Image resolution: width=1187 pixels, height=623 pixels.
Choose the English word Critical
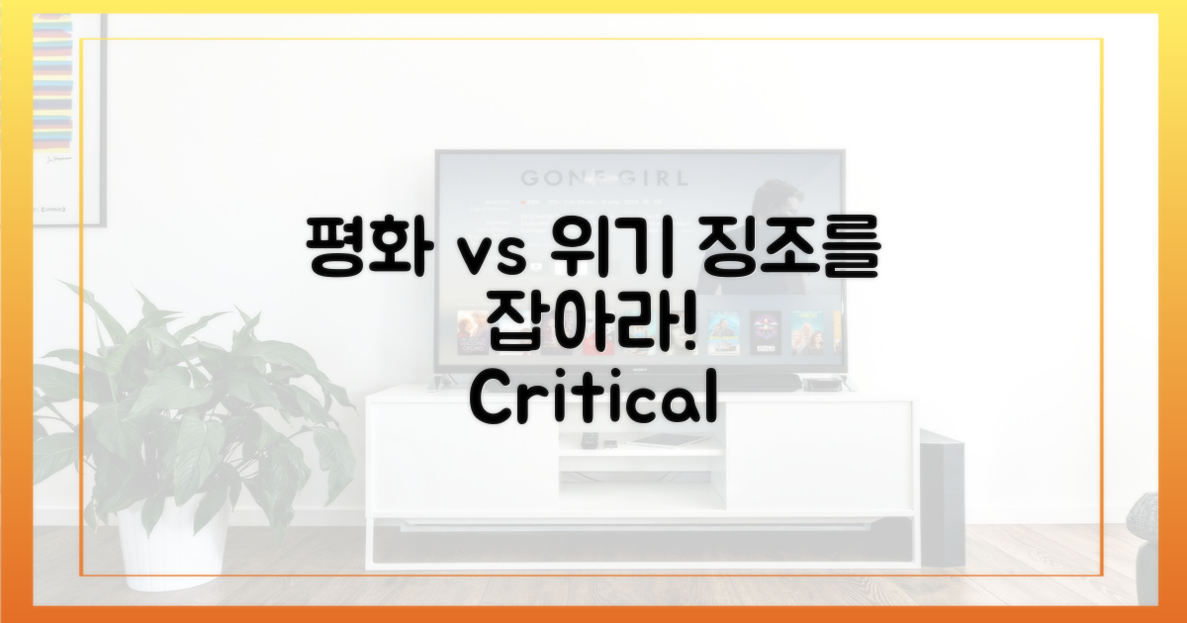point(593,400)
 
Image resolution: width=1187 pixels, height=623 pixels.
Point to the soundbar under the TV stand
point(641,542)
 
